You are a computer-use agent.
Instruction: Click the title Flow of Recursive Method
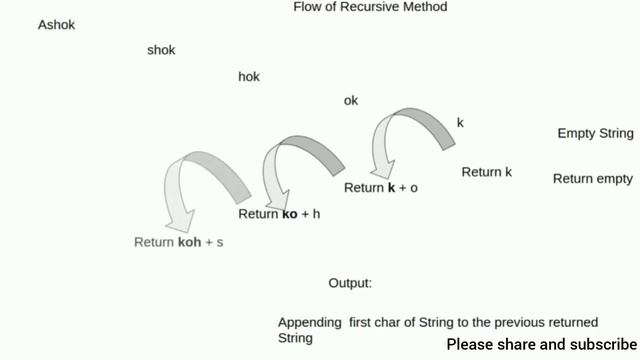coord(370,7)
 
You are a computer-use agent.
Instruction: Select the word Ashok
coord(56,25)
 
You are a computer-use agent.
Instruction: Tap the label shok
coord(161,50)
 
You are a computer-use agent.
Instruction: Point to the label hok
coord(249,77)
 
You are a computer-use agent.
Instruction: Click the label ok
coord(350,100)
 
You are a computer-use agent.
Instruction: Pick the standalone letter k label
coord(460,123)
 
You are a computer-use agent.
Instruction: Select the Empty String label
coord(595,133)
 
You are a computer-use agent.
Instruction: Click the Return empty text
coord(593,179)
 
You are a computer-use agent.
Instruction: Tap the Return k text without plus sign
coord(487,172)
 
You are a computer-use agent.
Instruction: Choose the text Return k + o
coord(381,188)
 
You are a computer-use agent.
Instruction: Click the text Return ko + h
coord(279,214)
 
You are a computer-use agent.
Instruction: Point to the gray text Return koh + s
coord(178,242)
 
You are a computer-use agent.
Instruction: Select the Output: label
coord(350,283)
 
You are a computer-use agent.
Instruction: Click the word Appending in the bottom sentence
coord(310,322)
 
